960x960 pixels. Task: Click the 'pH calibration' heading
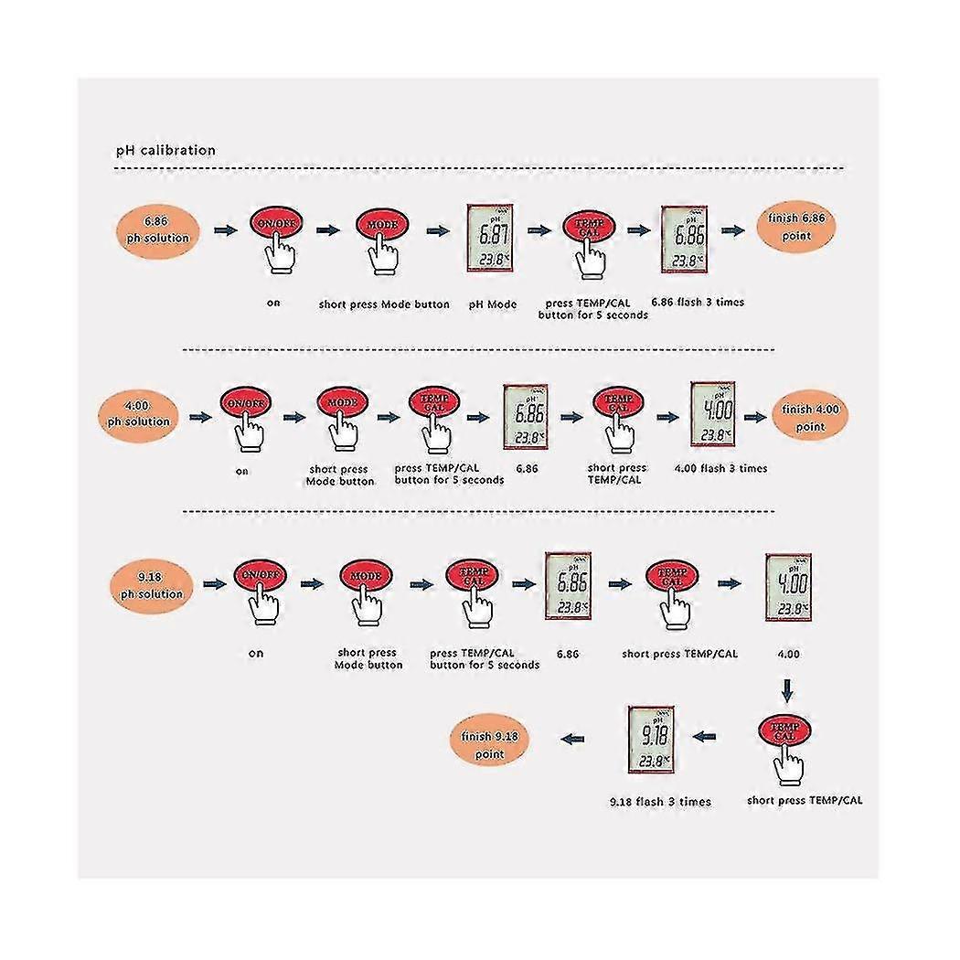165,150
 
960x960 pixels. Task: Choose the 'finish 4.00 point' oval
808,417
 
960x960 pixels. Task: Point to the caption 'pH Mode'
493,304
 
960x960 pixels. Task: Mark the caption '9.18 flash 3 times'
659,801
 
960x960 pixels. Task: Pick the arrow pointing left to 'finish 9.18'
573,738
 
